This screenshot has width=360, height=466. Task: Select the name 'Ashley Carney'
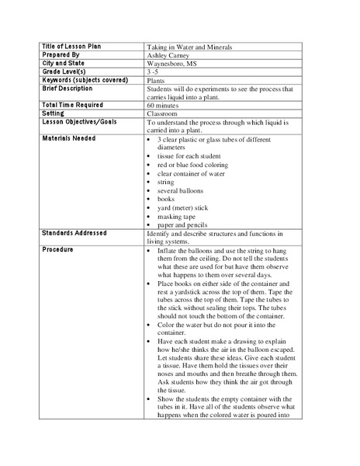(168, 56)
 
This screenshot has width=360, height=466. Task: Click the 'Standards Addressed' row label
(74, 233)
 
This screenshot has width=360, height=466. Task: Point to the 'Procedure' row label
(59, 249)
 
